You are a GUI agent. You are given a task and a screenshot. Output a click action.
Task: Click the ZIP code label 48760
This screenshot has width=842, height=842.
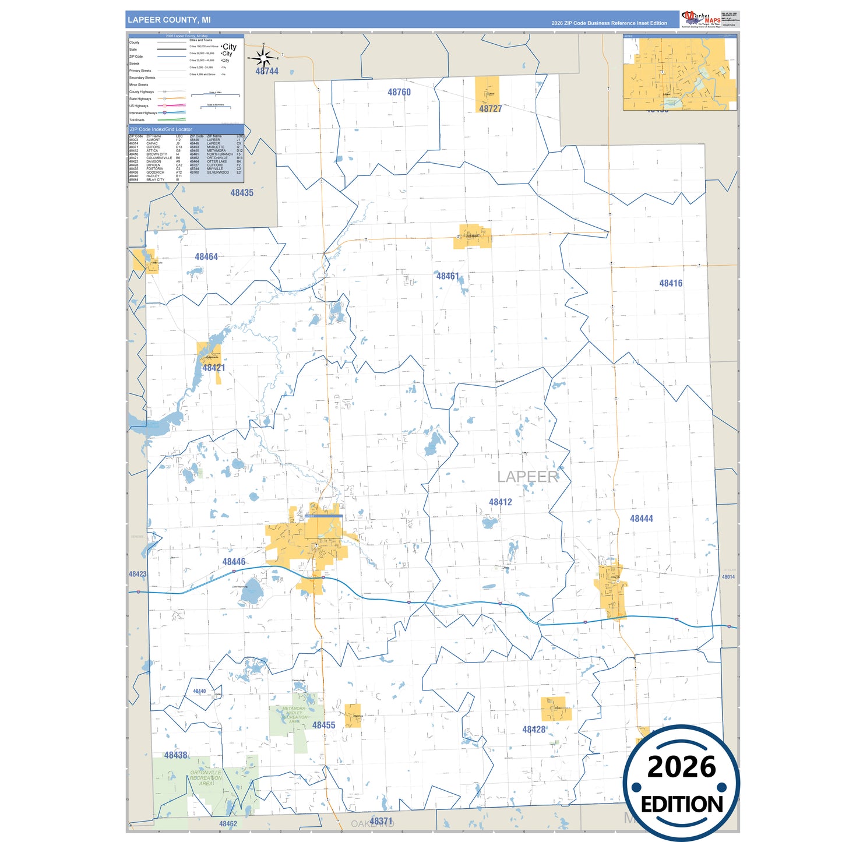(399, 92)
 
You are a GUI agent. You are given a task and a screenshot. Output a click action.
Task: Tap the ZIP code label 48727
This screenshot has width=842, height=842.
(490, 108)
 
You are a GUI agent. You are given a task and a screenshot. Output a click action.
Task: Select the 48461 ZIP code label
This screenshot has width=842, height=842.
(448, 276)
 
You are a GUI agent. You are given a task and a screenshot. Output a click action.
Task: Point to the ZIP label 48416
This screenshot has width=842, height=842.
(671, 283)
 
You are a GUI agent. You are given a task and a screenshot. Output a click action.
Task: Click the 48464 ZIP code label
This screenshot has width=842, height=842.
(206, 256)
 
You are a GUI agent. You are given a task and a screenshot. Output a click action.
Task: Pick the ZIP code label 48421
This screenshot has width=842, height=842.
(213, 368)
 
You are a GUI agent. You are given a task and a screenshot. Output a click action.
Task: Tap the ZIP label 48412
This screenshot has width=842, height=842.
(500, 502)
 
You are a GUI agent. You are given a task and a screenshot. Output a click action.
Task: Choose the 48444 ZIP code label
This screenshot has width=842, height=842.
(641, 519)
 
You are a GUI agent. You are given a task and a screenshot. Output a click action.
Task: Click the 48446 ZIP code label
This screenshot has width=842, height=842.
(234, 562)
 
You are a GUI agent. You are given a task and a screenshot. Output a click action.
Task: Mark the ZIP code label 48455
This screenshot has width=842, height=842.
(323, 725)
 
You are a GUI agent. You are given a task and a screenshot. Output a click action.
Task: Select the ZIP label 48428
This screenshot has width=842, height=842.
(534, 730)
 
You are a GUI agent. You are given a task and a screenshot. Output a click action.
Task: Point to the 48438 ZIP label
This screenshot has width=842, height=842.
(175, 755)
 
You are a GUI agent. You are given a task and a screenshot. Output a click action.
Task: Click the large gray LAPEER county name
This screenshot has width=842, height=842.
(527, 477)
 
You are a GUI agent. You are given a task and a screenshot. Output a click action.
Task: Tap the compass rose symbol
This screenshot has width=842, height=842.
(263, 58)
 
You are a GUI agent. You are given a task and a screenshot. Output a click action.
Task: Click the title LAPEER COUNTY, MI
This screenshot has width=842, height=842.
(169, 20)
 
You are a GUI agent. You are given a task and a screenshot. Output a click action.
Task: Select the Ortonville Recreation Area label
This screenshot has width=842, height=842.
(206, 778)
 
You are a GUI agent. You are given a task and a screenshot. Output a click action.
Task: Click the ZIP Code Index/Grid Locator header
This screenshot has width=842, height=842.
(161, 129)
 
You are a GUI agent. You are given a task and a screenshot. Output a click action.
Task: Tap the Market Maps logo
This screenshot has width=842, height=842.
(701, 19)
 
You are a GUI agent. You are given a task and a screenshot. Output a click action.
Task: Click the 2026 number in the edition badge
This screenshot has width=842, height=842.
(681, 767)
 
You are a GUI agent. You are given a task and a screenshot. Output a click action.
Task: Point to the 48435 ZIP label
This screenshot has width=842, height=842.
(242, 193)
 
